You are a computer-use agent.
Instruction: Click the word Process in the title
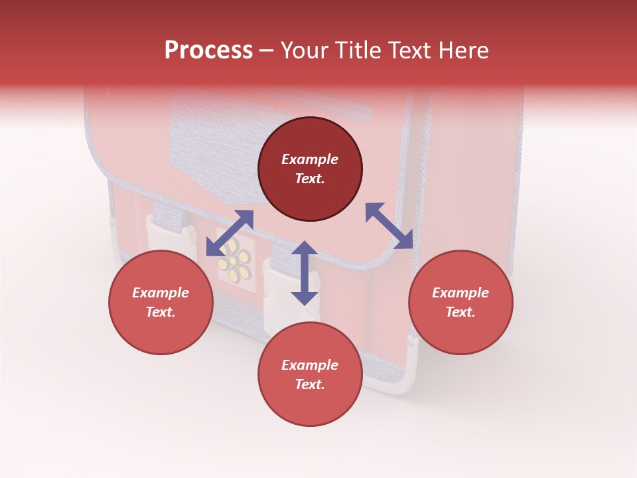tap(208, 50)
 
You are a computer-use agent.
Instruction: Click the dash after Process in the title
tap(266, 51)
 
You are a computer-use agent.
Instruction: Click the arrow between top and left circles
tap(230, 232)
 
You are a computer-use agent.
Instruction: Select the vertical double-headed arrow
tap(305, 274)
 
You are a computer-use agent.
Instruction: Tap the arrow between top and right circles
tap(389, 226)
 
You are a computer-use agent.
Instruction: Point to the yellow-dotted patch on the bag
tap(234, 260)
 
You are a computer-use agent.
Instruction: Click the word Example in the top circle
tap(310, 159)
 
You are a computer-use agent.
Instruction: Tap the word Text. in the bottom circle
tap(310, 384)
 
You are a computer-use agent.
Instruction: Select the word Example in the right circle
tap(460, 293)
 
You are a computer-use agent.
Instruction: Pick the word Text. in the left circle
tap(161, 312)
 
